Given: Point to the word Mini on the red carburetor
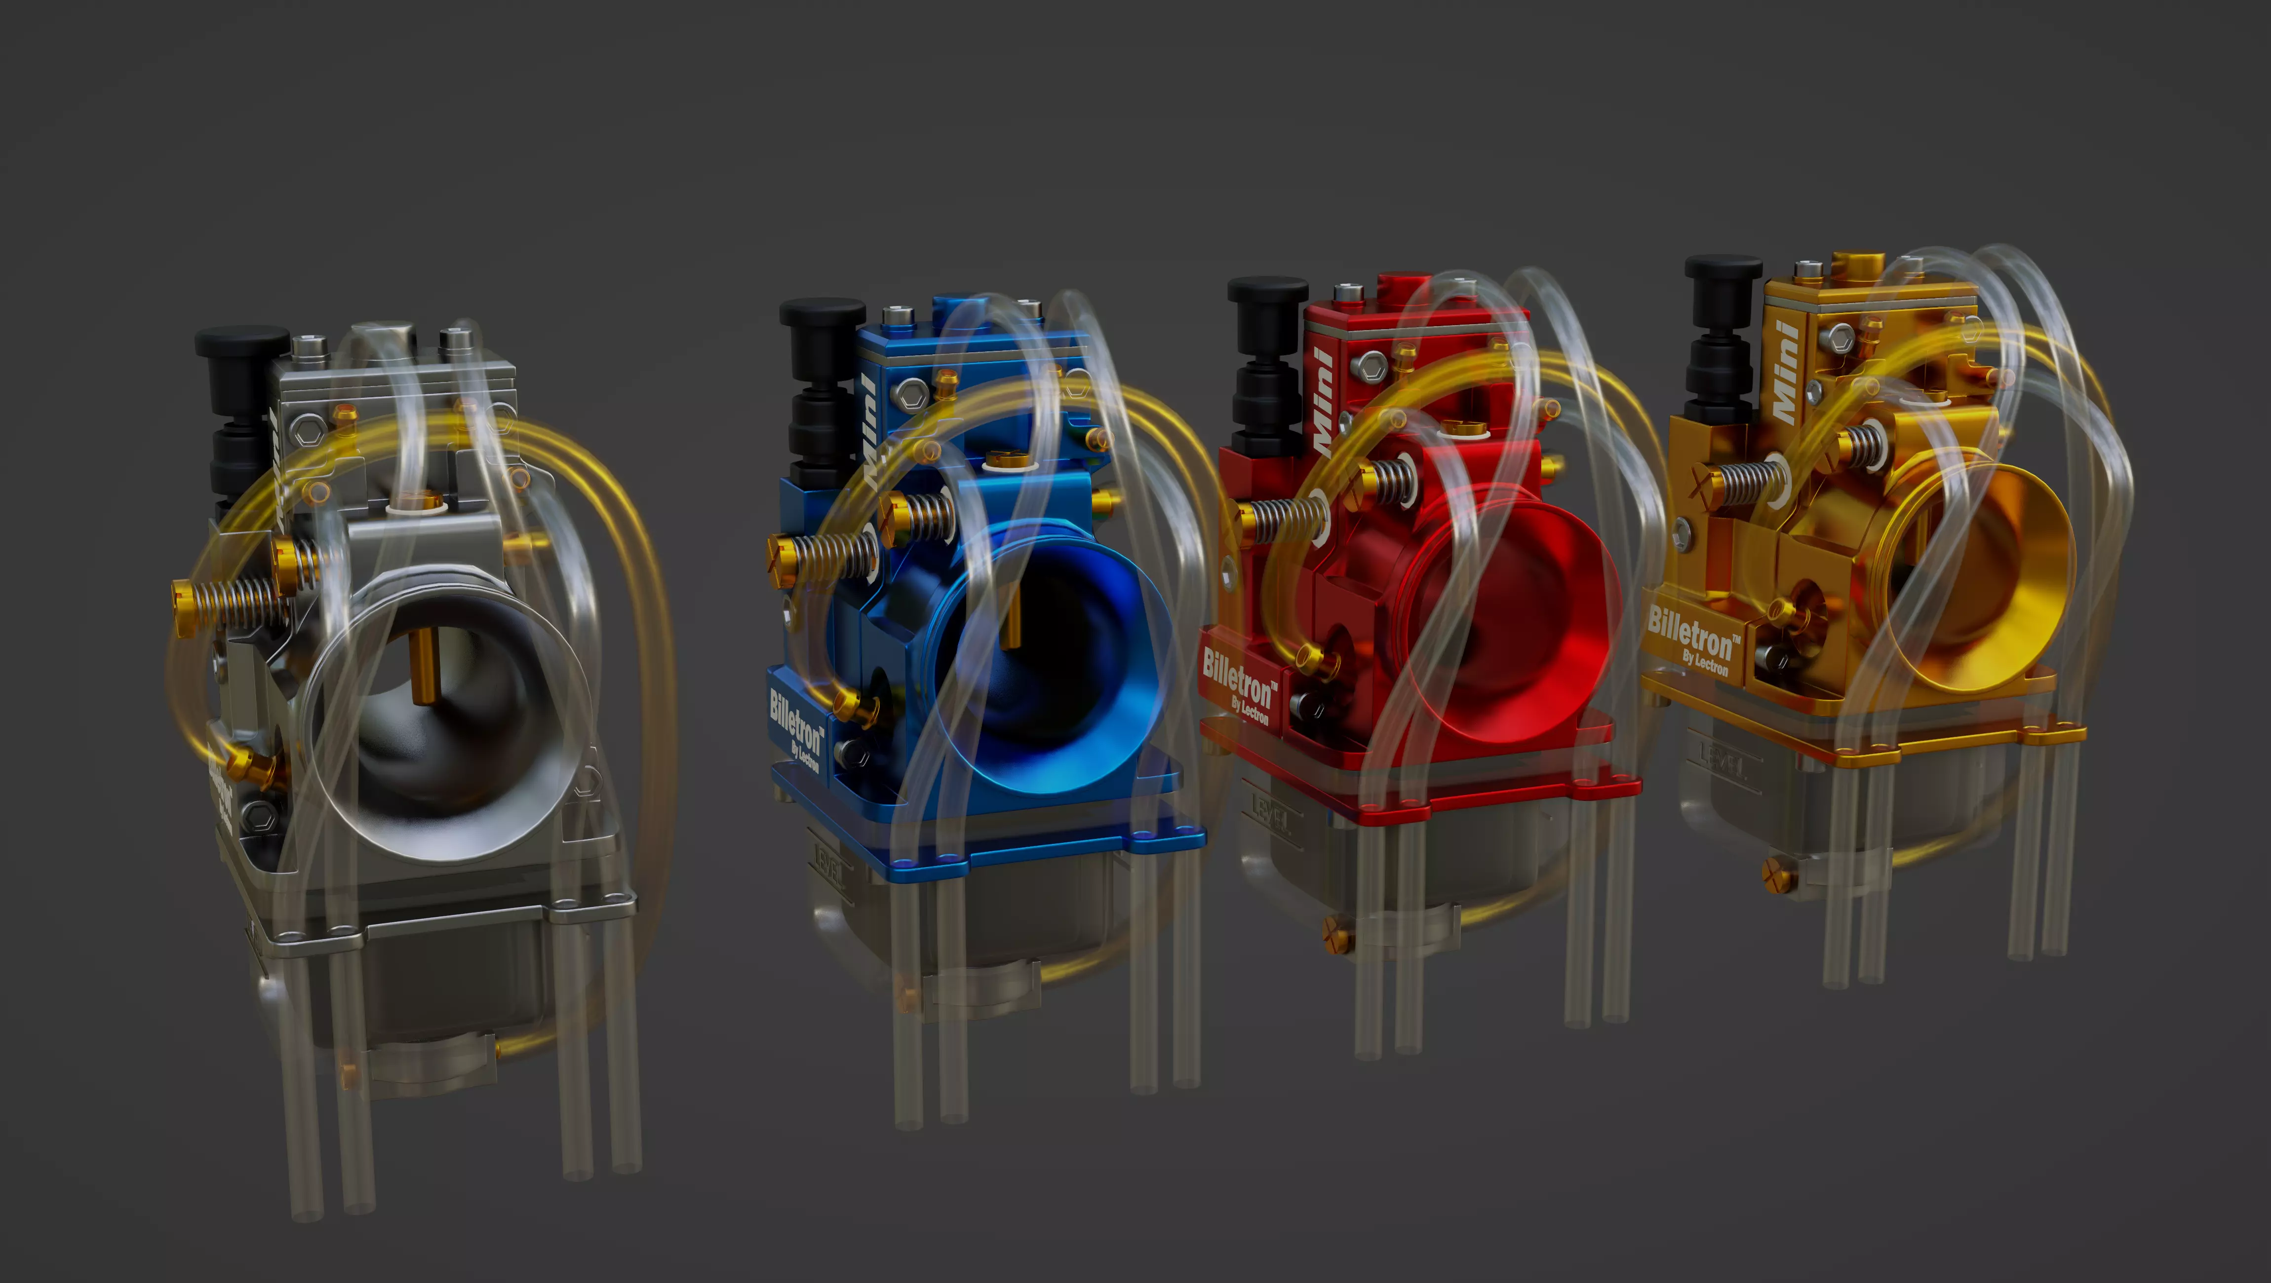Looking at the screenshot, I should (x=1323, y=401).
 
